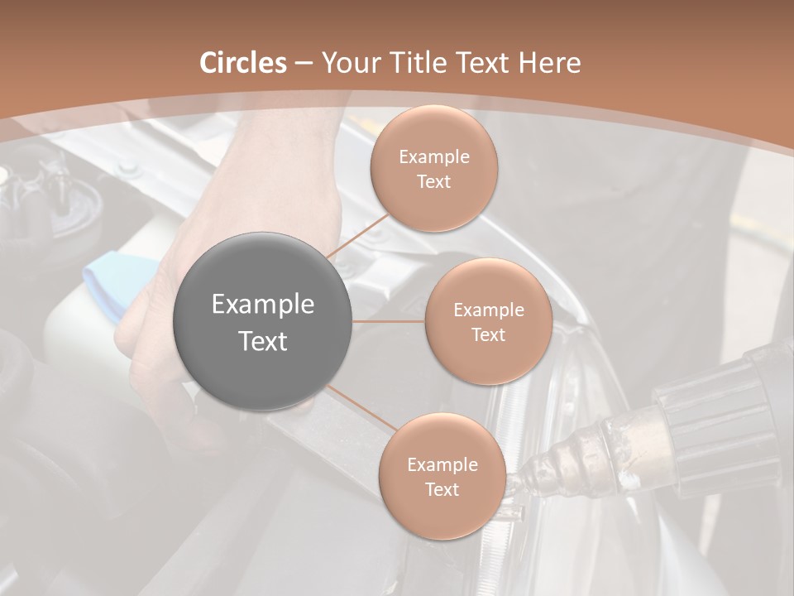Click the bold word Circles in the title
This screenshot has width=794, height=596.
click(243, 63)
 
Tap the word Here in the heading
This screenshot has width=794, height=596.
click(549, 63)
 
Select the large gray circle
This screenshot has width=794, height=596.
click(263, 322)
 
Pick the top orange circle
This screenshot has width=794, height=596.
click(433, 169)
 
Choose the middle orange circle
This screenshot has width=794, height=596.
click(488, 322)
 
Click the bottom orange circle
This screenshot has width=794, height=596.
click(442, 477)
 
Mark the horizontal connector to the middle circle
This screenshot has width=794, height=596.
click(389, 321)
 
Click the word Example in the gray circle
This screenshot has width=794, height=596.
click(263, 305)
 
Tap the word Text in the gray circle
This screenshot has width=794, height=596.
click(263, 341)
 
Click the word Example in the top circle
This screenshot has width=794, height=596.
click(433, 157)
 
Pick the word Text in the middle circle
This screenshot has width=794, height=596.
click(488, 335)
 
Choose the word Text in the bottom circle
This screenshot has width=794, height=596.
click(442, 490)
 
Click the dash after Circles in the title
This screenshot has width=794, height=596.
click(304, 64)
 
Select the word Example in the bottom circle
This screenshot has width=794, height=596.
click(442, 465)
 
